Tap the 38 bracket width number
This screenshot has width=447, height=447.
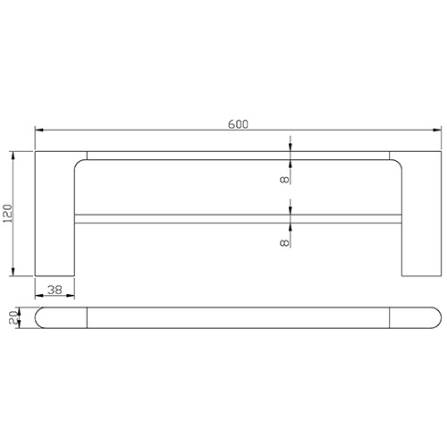[x=55, y=290]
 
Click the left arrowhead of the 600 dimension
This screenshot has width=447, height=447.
[x=38, y=131]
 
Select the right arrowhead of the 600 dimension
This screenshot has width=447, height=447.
[x=439, y=131]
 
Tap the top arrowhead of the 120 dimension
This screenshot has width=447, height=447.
[x=13, y=155]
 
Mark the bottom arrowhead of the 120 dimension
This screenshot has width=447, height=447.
[x=13, y=273]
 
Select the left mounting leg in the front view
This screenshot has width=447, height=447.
[x=54, y=219]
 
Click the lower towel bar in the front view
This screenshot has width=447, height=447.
[x=237, y=218]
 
